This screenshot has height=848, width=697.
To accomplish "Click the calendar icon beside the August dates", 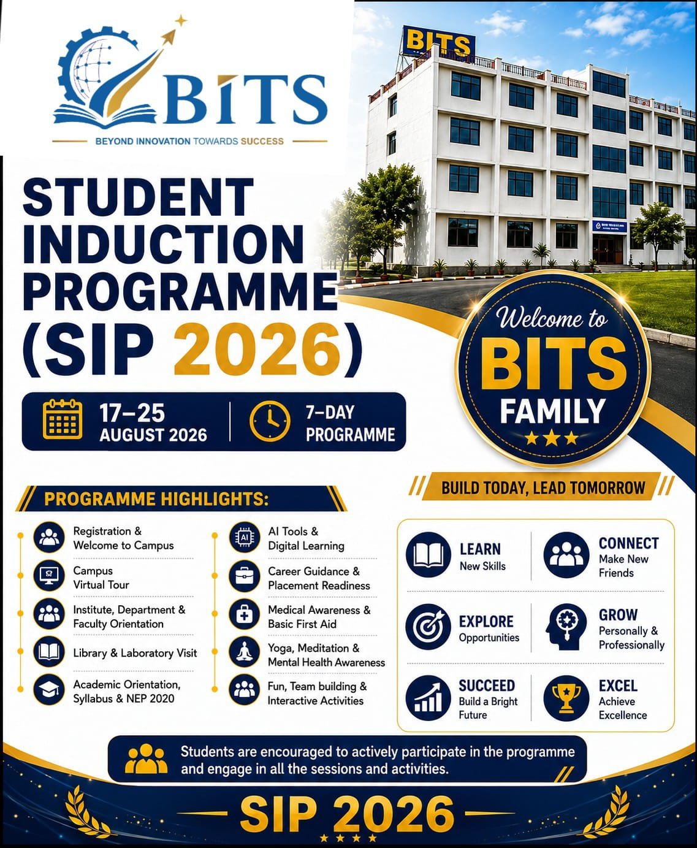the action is pos(63,420).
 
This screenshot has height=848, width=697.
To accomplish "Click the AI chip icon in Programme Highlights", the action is pos(245,538).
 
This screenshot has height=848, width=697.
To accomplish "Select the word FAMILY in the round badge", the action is pos(552,410).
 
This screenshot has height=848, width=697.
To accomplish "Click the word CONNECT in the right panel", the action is pos(629,543).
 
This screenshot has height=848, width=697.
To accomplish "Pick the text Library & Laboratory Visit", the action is pos(135,652).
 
